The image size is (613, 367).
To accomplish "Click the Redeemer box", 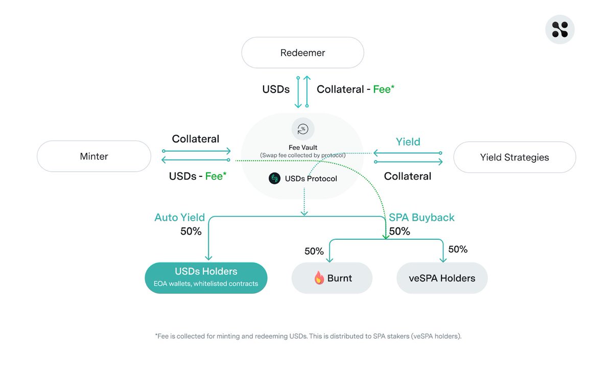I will click(x=302, y=53).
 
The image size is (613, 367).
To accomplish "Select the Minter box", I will click(x=94, y=156).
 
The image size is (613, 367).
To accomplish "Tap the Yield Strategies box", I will click(x=514, y=157).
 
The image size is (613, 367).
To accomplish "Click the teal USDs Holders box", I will click(x=206, y=278).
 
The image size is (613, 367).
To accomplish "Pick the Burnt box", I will click(x=332, y=278).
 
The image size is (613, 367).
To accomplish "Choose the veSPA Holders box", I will click(x=442, y=278).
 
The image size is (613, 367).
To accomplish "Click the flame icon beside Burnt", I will click(x=319, y=278).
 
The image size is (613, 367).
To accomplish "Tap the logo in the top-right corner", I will click(x=560, y=29).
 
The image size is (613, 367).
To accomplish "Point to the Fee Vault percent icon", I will click(x=303, y=129).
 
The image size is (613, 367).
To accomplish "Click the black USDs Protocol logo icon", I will click(x=275, y=178).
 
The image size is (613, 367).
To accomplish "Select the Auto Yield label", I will click(x=179, y=217).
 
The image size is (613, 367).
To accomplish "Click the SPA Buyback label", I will click(x=421, y=217).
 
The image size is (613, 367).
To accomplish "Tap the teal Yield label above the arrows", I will click(x=408, y=142).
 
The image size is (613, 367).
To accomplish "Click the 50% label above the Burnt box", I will click(x=314, y=251).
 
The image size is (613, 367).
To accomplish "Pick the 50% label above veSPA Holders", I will click(x=458, y=249).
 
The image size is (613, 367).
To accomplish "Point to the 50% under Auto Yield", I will click(x=191, y=231).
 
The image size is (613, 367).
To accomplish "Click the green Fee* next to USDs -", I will click(x=216, y=176).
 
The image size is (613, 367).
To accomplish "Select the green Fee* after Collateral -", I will click(x=384, y=89).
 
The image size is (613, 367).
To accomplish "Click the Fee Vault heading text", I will click(x=303, y=147).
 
